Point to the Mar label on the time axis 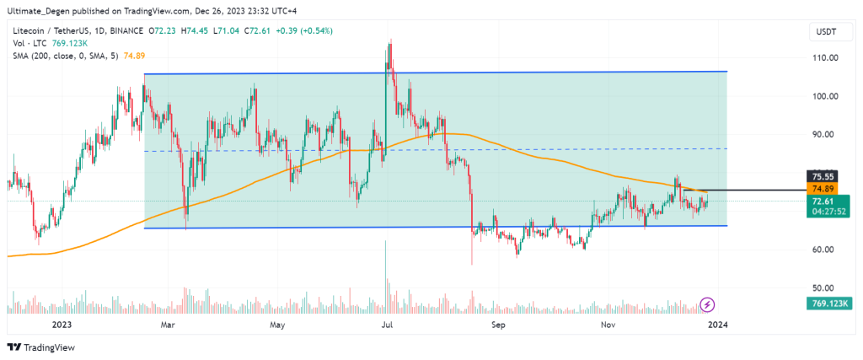(168, 324)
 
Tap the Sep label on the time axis (497, 324)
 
